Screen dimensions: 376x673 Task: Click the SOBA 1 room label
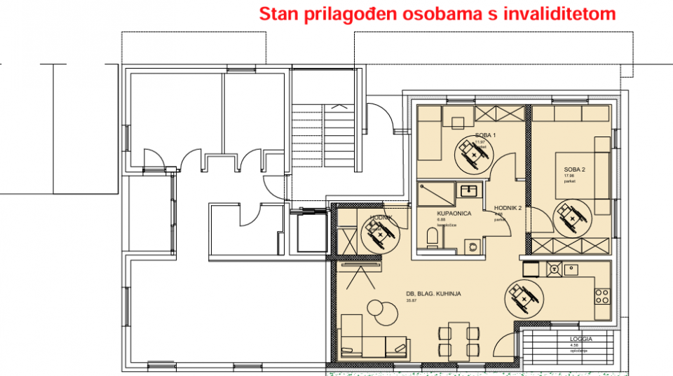tap(485, 134)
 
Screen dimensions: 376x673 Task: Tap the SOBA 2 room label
tap(574, 169)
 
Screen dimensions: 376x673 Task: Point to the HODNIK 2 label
tap(508, 208)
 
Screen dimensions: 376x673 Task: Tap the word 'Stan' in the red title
tap(275, 14)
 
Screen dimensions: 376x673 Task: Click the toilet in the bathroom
tap(432, 237)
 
